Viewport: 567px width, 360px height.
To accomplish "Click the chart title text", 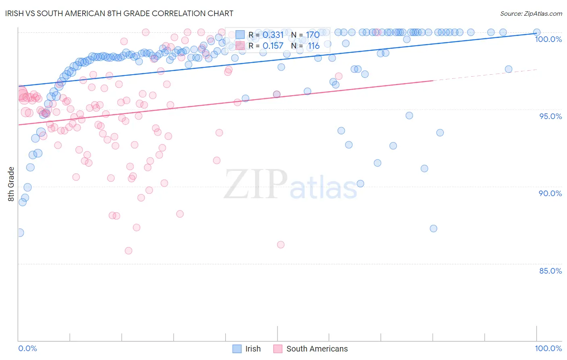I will [125, 14].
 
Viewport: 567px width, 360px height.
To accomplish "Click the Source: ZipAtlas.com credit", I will [531, 14].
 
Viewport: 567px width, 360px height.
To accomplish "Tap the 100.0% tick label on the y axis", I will [548, 39].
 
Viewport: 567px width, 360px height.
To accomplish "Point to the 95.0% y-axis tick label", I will [550, 116].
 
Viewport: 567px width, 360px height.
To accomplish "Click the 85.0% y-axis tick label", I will [550, 271].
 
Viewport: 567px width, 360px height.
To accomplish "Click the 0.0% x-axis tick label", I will [27, 348].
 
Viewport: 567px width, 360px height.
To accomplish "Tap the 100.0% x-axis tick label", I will [548, 348].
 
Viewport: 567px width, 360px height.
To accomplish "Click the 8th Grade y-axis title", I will [11, 184].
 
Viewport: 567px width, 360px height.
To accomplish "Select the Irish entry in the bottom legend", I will [253, 349].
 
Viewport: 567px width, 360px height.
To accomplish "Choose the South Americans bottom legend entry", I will [317, 349].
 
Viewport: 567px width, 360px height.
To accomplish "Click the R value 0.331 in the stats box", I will [273, 35].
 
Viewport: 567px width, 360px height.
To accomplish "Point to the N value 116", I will [313, 46].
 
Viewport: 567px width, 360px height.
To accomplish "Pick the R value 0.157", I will [273, 46].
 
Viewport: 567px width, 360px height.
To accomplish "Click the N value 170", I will [313, 35].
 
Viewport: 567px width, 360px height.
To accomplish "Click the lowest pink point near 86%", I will [281, 245].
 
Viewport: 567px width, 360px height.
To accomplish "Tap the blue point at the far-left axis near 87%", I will [20, 232].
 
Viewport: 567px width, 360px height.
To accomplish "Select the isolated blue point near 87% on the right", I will [434, 228].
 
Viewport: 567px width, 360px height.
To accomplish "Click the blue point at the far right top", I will [537, 32].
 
